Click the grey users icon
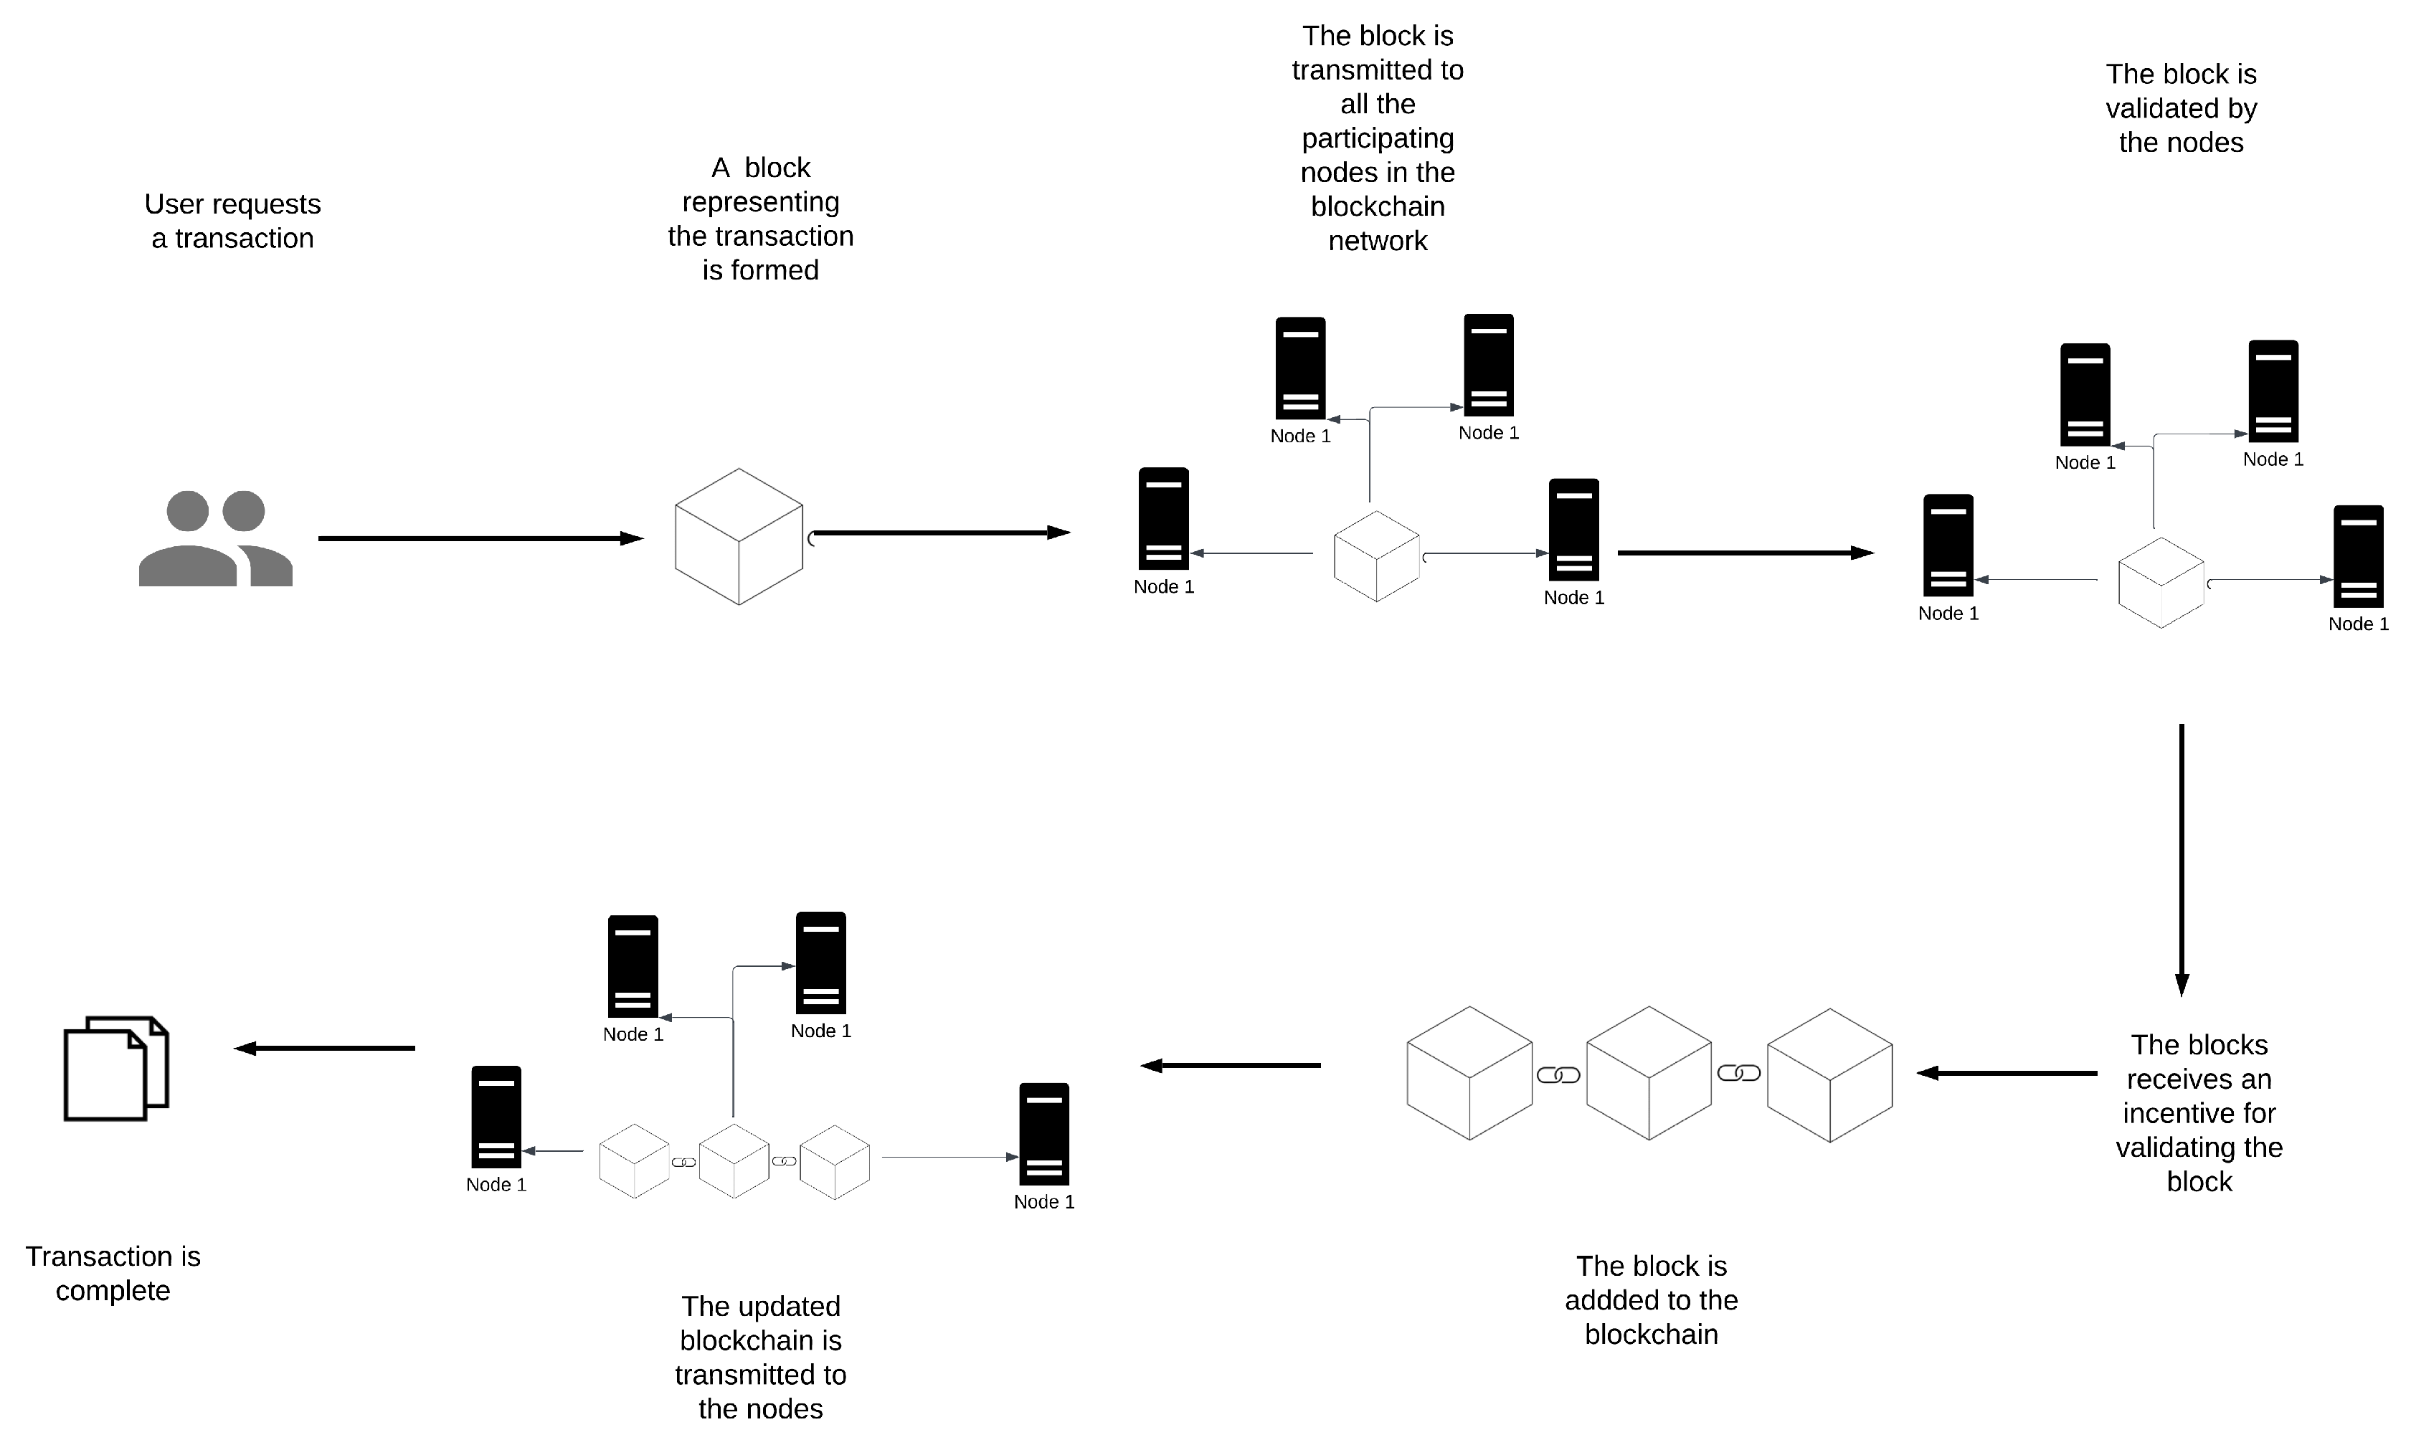tap(215, 538)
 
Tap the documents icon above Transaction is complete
tap(116, 1068)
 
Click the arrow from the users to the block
tap(479, 538)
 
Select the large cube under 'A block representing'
tap(739, 536)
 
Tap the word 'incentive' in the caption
tap(2199, 1113)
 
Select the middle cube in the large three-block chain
tap(1649, 1073)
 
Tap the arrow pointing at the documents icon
tap(324, 1049)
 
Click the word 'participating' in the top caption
tap(1377, 139)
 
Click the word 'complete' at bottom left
tap(113, 1291)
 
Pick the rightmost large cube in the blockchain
tap(1829, 1075)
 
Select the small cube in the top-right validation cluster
tap(2160, 582)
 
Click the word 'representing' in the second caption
tap(760, 202)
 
